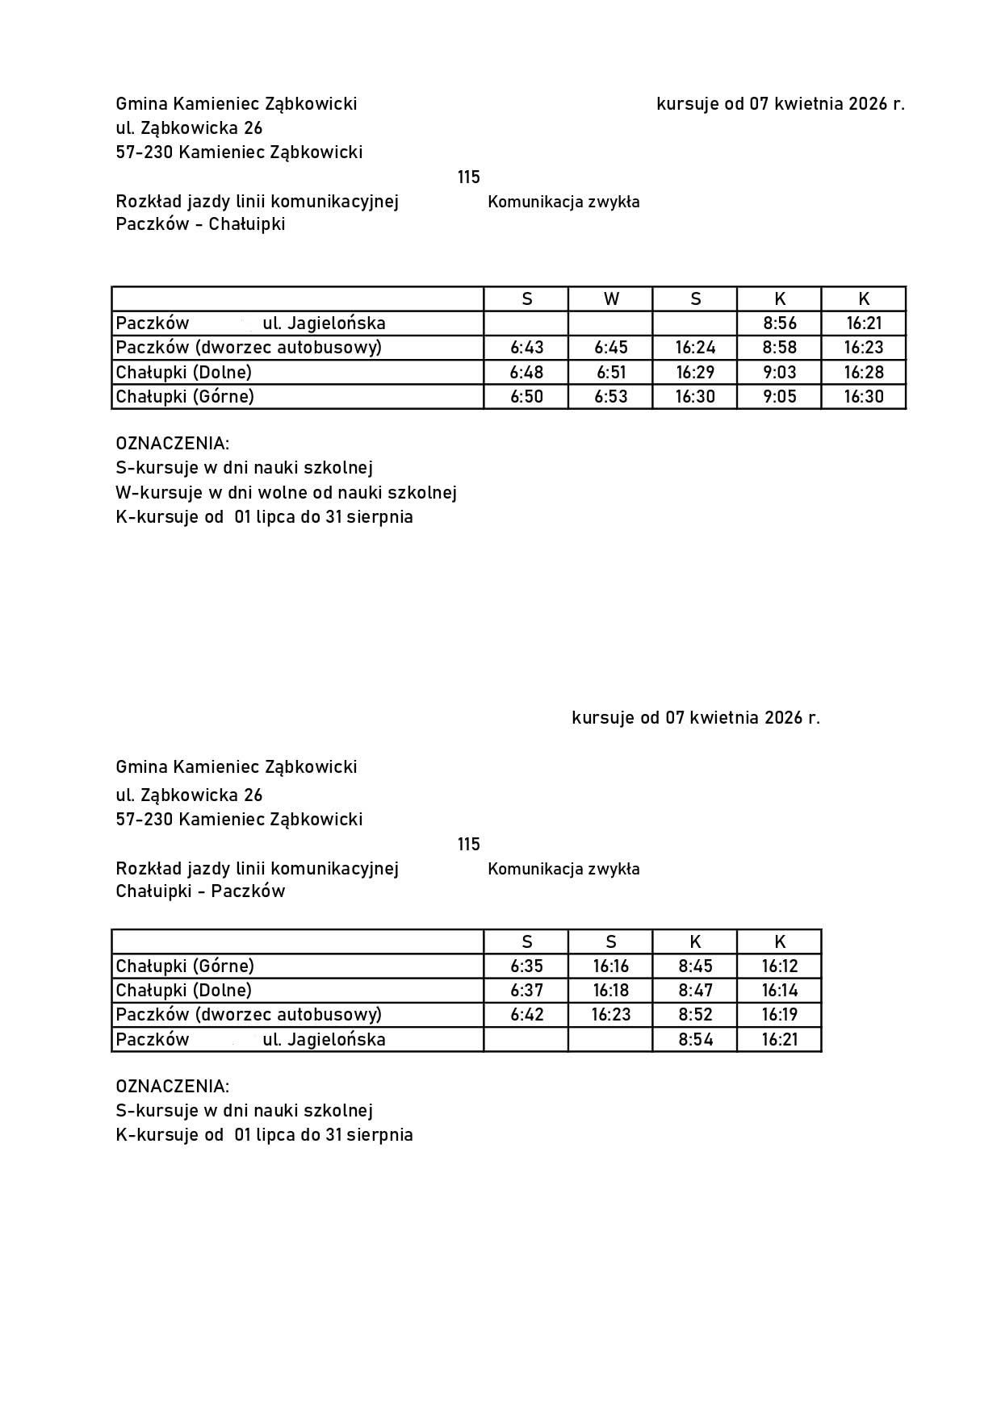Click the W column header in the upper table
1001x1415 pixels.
tap(611, 299)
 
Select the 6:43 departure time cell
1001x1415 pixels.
tap(526, 348)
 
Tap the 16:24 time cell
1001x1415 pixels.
tap(695, 348)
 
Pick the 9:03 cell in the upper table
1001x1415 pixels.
tap(779, 372)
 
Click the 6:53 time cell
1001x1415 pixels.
tap(611, 396)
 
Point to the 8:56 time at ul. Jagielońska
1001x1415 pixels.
tap(779, 323)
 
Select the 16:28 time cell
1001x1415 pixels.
tap(864, 372)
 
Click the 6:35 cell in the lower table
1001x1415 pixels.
tap(526, 966)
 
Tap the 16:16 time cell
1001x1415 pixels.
tap(611, 966)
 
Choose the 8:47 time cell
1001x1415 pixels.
tap(695, 990)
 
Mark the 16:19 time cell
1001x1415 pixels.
tap(779, 1014)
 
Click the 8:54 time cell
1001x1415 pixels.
tap(695, 1039)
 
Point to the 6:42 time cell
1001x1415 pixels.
tap(526, 1014)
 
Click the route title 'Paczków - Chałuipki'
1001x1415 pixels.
tap(200, 224)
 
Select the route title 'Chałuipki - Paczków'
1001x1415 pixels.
tap(200, 891)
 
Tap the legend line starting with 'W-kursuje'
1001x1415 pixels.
tap(286, 492)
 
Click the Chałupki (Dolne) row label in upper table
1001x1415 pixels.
tap(184, 372)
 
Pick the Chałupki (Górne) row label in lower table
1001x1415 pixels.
tap(185, 966)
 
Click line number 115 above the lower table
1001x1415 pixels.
tap(468, 844)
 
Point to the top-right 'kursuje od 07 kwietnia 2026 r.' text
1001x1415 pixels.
tap(780, 104)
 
